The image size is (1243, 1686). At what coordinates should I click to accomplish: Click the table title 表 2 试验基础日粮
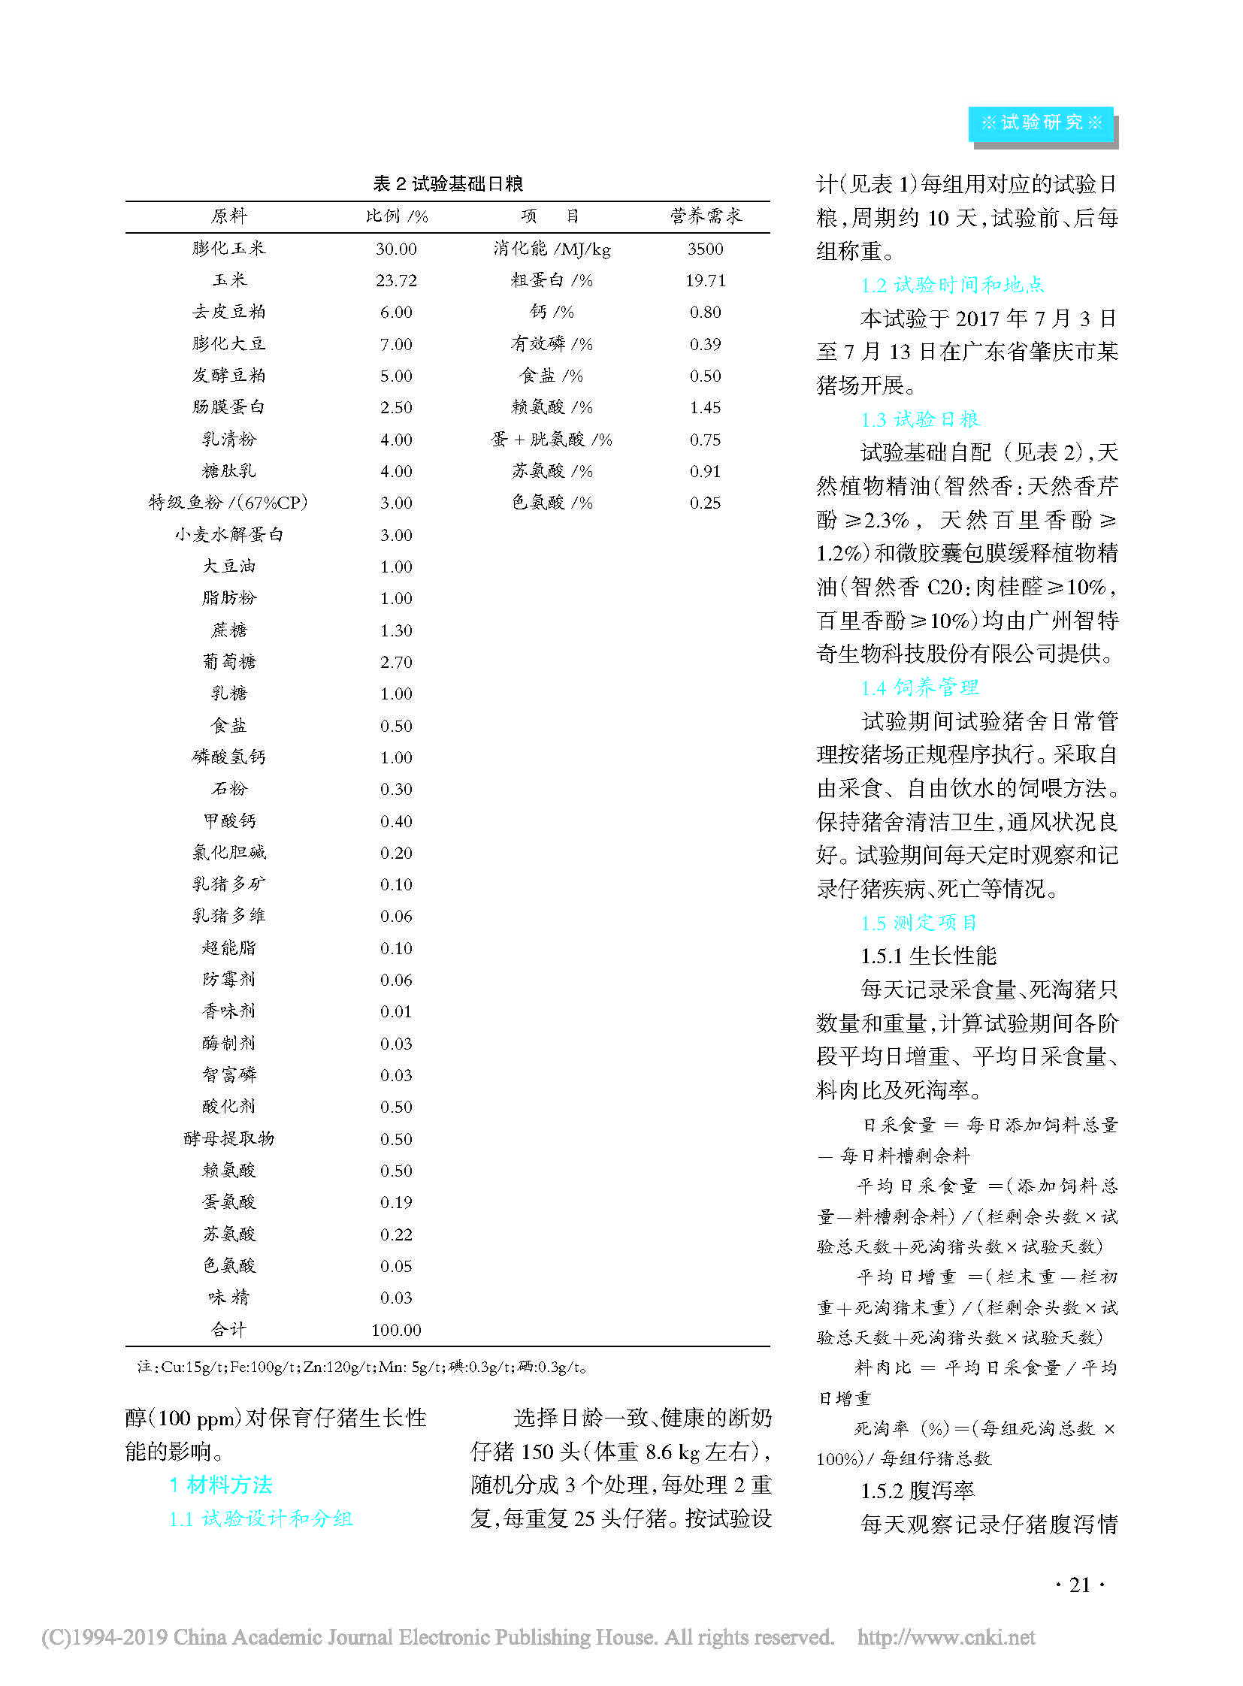pyautogui.click(x=448, y=183)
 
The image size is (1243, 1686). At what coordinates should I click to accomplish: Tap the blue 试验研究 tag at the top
pyautogui.click(x=1042, y=123)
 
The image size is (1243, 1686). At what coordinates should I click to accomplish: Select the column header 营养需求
pyautogui.click(x=706, y=216)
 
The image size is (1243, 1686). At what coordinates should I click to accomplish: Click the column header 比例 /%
pyautogui.click(x=397, y=216)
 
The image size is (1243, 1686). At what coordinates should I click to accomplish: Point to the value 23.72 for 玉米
pyautogui.click(x=397, y=280)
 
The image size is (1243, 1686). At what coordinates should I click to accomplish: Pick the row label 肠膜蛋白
pyautogui.click(x=228, y=407)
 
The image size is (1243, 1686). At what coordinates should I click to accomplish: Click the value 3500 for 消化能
pyautogui.click(x=705, y=249)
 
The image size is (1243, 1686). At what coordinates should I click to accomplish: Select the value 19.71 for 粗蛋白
pyautogui.click(x=705, y=280)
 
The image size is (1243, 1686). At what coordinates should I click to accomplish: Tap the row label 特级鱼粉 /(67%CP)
pyautogui.click(x=228, y=503)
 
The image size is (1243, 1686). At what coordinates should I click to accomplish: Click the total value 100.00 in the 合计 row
pyautogui.click(x=397, y=1329)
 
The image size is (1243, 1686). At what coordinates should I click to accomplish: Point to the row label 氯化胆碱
pyautogui.click(x=228, y=853)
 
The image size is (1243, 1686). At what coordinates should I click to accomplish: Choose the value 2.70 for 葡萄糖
pyautogui.click(x=397, y=662)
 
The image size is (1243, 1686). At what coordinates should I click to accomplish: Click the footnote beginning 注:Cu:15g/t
pyautogui.click(x=361, y=1366)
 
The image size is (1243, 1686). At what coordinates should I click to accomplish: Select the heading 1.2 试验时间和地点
pyautogui.click(x=952, y=286)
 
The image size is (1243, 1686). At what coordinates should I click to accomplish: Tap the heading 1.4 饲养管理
pyautogui.click(x=919, y=687)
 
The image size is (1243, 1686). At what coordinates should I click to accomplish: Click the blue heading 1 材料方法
pyautogui.click(x=221, y=1485)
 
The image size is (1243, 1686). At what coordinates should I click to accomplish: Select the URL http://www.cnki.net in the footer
pyautogui.click(x=946, y=1637)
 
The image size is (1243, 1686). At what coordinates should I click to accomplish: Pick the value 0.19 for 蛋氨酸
pyautogui.click(x=397, y=1202)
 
